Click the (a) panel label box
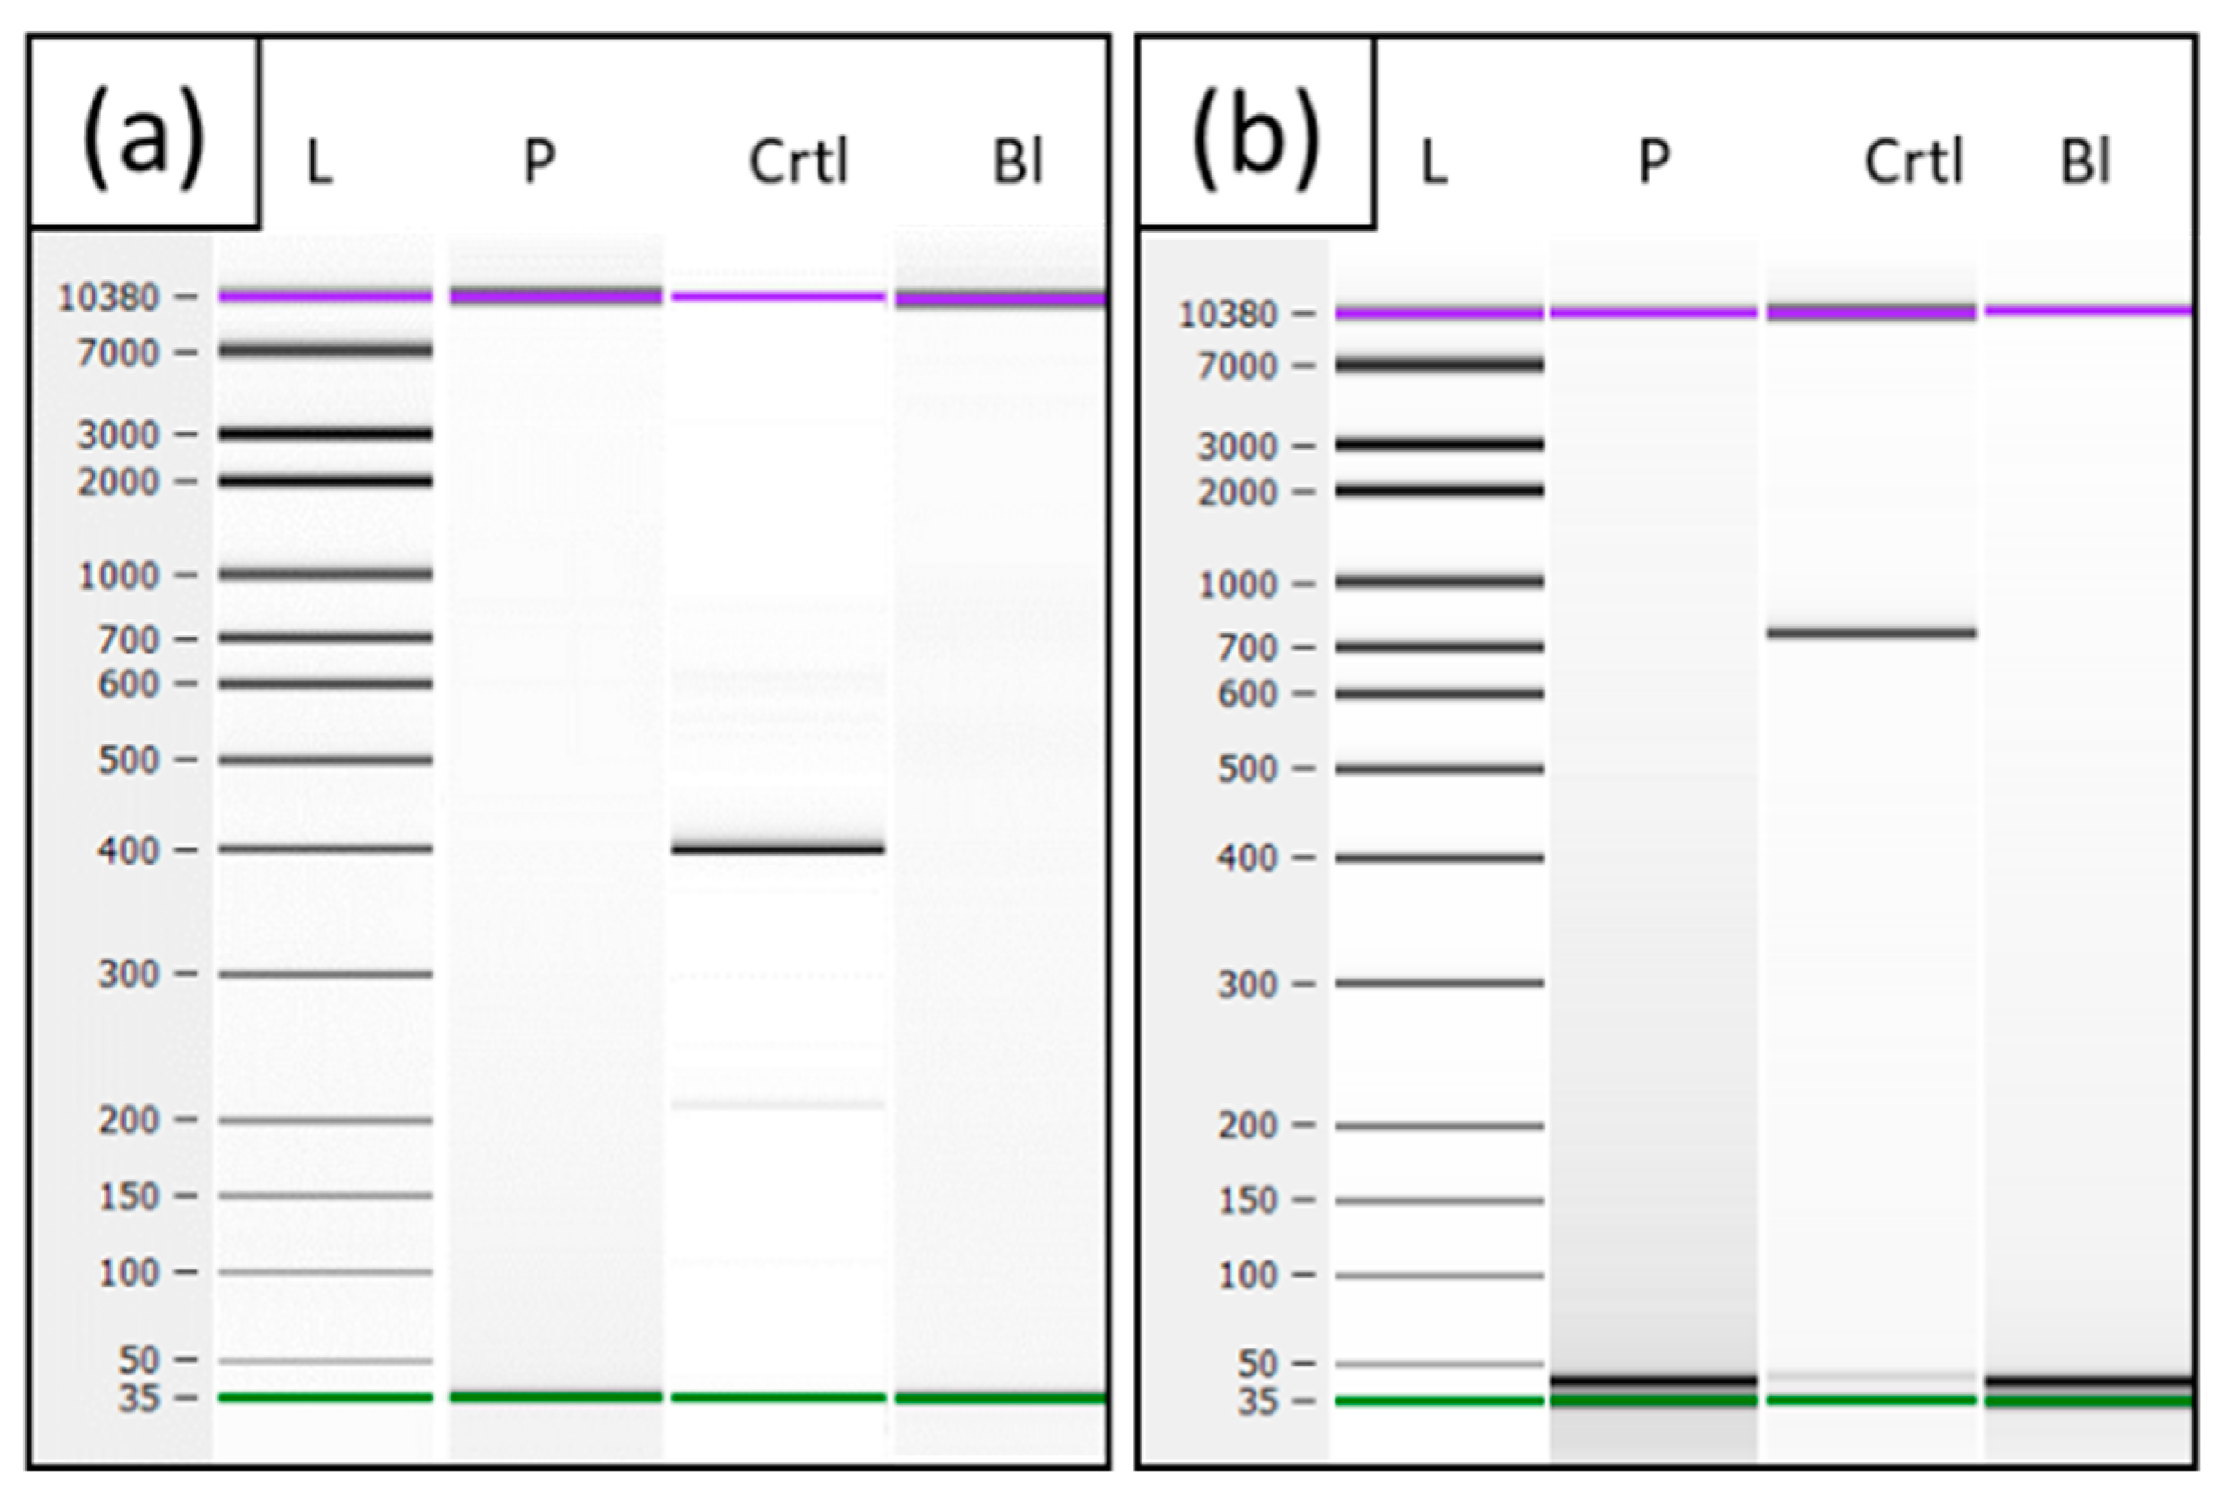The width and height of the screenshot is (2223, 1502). coord(144,134)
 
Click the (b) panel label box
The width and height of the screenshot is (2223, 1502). coord(1256,134)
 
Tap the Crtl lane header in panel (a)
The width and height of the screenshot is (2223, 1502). coord(798,162)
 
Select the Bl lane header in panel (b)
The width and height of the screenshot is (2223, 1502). coord(2086,162)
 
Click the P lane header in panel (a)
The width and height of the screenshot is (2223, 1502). coord(539,162)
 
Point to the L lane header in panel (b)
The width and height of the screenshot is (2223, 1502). coord(1433,163)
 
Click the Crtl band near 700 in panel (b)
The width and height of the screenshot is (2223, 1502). coord(1870,632)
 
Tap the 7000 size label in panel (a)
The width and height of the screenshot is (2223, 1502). coord(118,354)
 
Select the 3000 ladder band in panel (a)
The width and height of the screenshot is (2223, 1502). coord(325,434)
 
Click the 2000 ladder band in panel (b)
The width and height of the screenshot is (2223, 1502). coord(1440,491)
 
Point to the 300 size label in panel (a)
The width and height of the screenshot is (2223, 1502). coord(128,975)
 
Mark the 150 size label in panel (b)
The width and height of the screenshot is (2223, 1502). coord(1247,1200)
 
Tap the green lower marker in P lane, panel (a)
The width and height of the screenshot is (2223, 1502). coord(555,1397)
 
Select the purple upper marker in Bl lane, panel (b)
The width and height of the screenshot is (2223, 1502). coord(2089,310)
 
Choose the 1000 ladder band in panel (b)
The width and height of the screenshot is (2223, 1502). coord(1440,582)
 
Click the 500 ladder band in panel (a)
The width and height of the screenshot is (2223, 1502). coord(325,760)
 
